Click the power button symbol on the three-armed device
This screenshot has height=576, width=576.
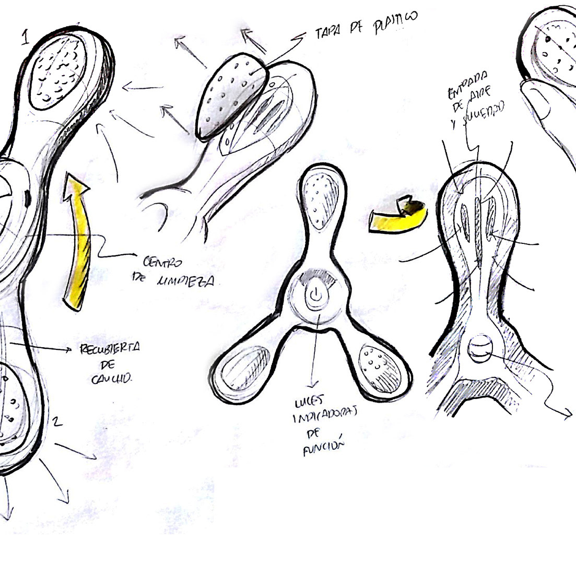[314, 296]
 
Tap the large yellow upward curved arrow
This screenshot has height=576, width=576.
[76, 240]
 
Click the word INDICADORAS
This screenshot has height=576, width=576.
[324, 417]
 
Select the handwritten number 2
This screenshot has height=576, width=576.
[58, 421]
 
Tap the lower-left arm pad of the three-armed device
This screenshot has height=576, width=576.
[242, 371]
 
